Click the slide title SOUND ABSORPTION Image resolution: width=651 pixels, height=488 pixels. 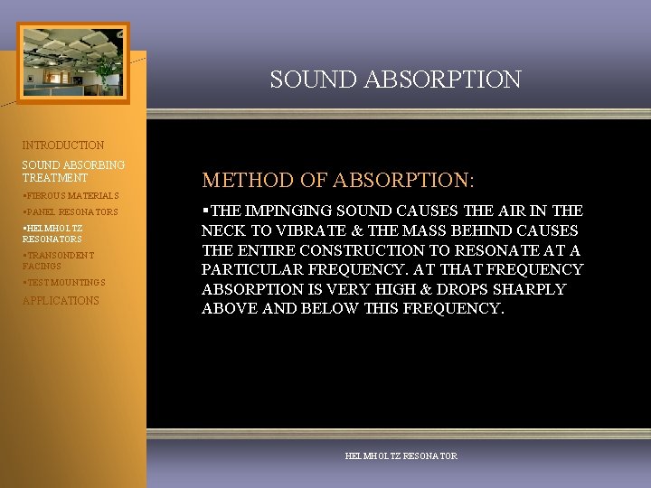click(395, 80)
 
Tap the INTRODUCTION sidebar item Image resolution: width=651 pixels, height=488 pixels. click(63, 145)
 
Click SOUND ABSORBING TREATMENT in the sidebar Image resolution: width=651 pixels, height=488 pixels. click(73, 172)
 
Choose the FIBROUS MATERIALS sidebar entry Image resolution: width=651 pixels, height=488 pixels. click(71, 195)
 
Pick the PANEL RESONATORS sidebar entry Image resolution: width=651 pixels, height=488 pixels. click(71, 212)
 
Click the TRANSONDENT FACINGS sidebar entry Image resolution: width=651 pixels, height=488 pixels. click(58, 261)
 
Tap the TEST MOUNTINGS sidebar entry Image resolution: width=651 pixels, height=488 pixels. click(64, 283)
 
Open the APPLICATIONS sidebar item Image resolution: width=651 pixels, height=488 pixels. click(61, 301)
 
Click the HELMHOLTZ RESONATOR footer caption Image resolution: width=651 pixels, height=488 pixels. click(401, 456)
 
